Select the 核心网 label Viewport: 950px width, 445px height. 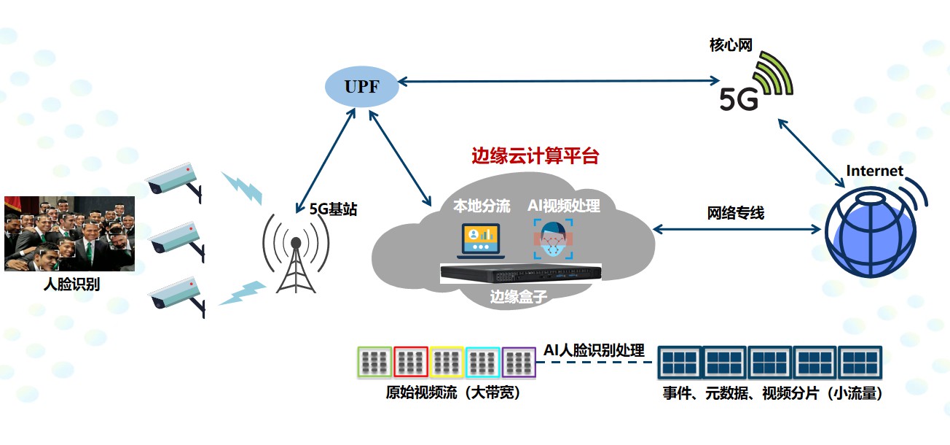point(731,45)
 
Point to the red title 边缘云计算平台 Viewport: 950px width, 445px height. point(535,156)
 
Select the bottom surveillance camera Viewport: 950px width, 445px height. point(175,295)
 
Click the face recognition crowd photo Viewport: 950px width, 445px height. point(69,233)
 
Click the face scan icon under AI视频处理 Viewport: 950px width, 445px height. point(553,239)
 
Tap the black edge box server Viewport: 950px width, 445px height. point(521,274)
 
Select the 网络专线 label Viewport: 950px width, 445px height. point(736,213)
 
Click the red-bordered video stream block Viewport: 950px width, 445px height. point(411,362)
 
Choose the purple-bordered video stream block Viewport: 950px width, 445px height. point(519,362)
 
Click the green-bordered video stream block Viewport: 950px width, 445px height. point(374,362)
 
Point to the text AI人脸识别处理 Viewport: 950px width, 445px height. point(594,350)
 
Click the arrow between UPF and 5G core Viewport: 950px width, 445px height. point(554,82)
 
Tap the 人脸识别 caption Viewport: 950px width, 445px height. point(71,285)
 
